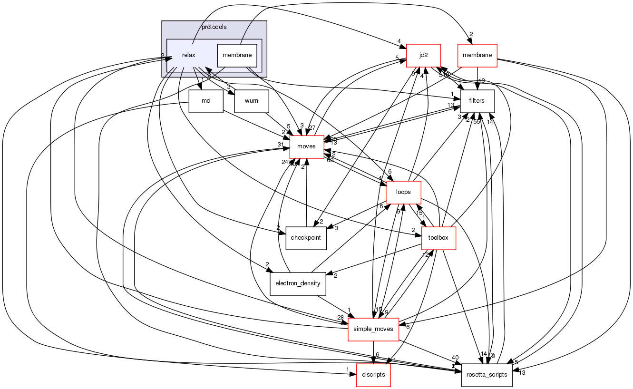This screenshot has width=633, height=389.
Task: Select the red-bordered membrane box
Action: [x=477, y=56]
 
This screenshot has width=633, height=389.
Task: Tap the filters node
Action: [x=477, y=101]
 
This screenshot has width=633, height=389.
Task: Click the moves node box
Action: [x=306, y=146]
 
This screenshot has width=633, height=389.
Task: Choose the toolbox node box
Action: [x=438, y=238]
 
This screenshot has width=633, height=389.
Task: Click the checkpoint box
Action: [x=306, y=238]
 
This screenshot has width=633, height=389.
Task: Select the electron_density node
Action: [x=298, y=284]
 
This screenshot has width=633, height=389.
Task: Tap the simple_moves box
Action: [x=373, y=330]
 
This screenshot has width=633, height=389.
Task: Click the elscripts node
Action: [x=373, y=375]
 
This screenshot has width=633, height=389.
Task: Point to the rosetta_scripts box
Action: [x=487, y=375]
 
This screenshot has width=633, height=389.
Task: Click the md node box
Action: [x=206, y=101]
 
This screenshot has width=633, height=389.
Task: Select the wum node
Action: [x=252, y=101]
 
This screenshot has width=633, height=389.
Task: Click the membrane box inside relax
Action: [x=237, y=56]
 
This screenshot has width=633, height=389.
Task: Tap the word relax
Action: [x=188, y=56]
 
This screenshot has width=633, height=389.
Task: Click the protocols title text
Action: [x=214, y=27]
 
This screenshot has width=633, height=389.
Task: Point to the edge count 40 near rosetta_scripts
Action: [x=455, y=358]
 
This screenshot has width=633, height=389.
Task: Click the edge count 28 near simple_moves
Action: [x=340, y=317]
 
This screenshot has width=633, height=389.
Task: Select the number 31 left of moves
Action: [x=281, y=145]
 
